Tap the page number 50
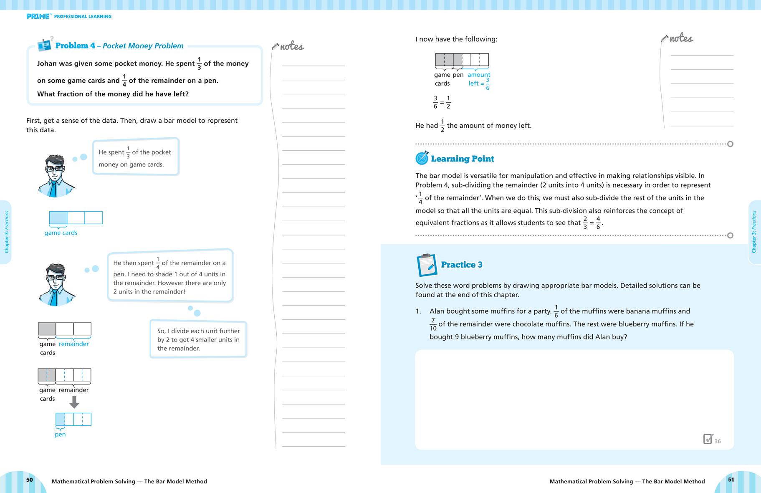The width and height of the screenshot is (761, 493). click(x=30, y=480)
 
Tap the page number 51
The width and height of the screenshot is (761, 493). click(x=731, y=480)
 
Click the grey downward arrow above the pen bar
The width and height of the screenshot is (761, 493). click(x=74, y=402)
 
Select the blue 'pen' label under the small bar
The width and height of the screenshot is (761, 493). click(x=60, y=435)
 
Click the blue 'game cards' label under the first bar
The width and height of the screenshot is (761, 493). click(x=61, y=233)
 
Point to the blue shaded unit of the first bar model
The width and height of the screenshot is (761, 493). click(x=58, y=218)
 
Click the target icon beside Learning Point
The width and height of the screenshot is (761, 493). click(x=422, y=158)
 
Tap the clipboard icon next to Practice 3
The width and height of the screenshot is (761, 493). click(x=427, y=265)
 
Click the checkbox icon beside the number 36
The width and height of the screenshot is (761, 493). click(x=708, y=439)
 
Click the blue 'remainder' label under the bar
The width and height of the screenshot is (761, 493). click(x=74, y=344)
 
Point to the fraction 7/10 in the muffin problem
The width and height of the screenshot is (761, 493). click(x=433, y=324)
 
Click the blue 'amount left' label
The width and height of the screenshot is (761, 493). click(x=478, y=79)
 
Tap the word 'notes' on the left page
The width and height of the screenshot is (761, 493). click(x=292, y=46)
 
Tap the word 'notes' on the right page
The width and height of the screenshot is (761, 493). click(x=681, y=38)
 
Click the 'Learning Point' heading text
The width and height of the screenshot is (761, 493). click(x=463, y=159)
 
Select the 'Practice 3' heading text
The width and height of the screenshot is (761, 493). click(x=462, y=265)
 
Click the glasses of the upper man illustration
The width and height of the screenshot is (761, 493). click(x=55, y=169)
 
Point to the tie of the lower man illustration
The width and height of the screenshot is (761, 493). click(x=53, y=297)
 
